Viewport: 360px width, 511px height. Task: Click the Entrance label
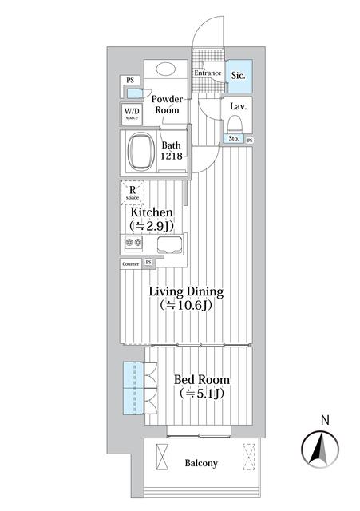coord(207,74)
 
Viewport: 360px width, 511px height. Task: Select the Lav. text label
coord(237,106)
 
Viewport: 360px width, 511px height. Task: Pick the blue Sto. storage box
coord(234,140)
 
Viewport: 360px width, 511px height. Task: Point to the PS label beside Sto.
coord(250,141)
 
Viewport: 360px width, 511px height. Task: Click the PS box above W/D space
coord(129,80)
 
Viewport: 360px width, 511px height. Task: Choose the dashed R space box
coord(132,193)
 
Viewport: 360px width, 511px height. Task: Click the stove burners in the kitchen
coord(133,244)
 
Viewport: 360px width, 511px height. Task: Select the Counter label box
coord(131,263)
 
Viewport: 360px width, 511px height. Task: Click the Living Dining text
coord(187,292)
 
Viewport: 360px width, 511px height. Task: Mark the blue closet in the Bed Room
coord(133,389)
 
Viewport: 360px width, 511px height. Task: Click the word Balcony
coord(201,463)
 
